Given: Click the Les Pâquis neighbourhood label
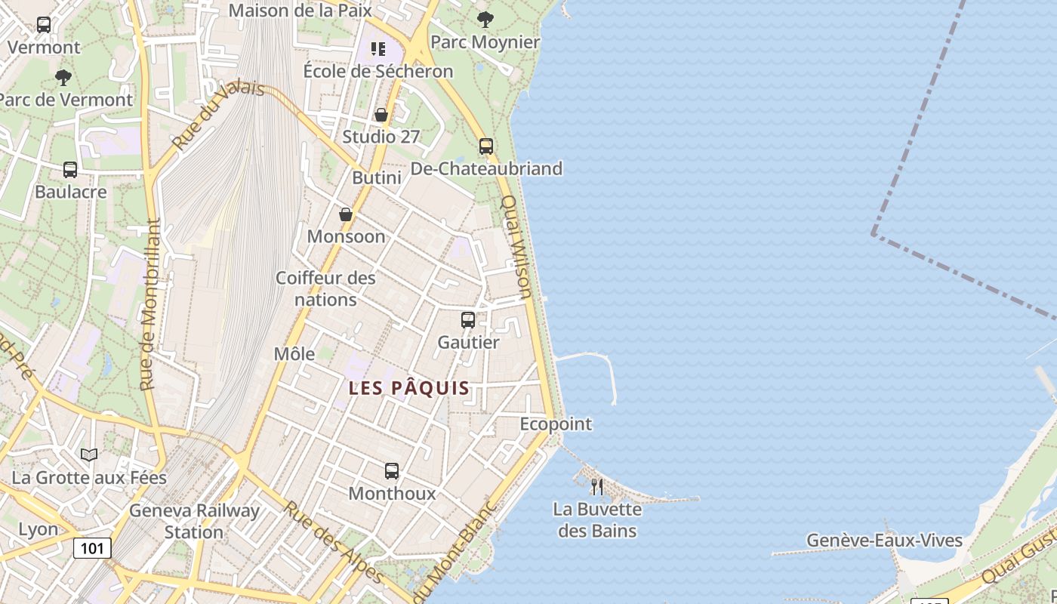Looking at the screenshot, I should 409,389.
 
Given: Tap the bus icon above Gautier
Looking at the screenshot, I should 468,320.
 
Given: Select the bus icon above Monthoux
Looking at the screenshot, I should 391,471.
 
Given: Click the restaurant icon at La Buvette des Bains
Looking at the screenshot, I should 596,486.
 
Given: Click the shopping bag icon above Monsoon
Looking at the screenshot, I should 345,214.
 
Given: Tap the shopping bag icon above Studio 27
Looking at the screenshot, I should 381,115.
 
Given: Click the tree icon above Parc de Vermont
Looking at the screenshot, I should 63,77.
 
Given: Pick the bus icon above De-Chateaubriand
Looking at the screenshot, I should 486,146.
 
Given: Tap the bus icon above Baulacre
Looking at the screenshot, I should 70,170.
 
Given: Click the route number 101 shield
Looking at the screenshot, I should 92,548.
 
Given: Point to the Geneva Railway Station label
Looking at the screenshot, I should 194,521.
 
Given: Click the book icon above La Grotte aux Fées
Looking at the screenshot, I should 89,455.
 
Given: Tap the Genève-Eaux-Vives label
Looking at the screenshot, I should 884,541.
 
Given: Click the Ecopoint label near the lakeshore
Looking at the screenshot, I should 556,424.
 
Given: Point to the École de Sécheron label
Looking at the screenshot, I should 378,71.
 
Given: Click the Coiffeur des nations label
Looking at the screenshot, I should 325,288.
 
